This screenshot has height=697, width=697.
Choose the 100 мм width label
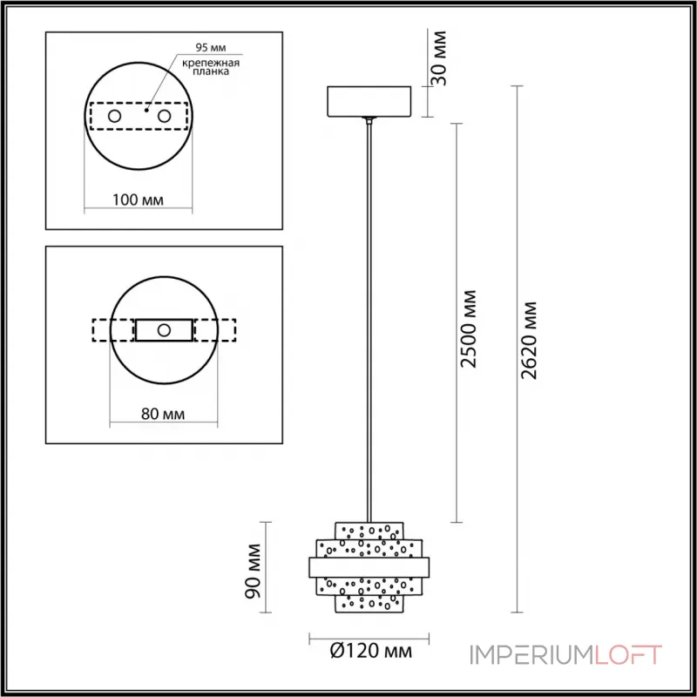(x=139, y=200)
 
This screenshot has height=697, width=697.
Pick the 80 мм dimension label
(x=162, y=414)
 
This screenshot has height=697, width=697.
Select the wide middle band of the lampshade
(x=365, y=567)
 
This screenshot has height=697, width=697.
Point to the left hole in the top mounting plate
(x=114, y=116)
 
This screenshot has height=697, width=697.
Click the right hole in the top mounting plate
(x=163, y=116)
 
